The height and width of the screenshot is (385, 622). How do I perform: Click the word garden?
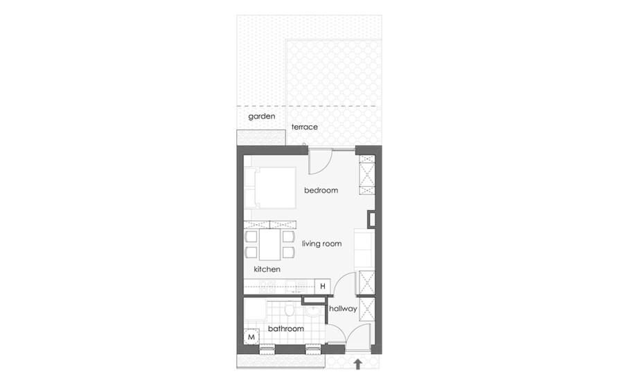261,116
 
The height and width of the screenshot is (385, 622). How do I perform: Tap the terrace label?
305,127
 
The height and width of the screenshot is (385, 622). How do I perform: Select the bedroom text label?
321,190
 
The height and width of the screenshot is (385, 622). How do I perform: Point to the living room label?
321,244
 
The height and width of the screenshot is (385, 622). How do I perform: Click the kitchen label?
267,269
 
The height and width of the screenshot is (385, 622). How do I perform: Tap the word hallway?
343,308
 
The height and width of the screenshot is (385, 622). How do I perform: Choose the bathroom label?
285,329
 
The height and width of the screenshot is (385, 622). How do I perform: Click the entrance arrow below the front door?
358,364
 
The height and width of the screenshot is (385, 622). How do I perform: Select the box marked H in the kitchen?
323,286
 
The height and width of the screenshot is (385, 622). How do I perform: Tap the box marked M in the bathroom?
251,337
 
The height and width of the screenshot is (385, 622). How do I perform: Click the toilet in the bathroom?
290,310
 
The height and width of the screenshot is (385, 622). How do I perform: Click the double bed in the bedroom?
270,188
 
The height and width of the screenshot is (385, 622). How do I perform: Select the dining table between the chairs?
269,245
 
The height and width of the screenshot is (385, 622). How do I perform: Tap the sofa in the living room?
364,249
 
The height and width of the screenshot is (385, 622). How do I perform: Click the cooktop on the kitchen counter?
267,286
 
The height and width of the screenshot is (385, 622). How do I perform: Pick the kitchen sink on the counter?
296,286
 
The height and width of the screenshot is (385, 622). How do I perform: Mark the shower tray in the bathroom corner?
255,310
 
